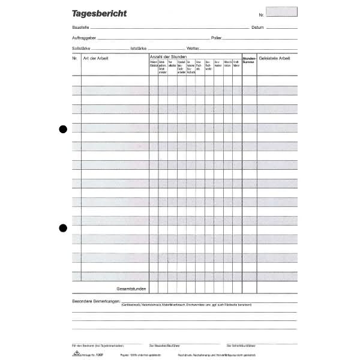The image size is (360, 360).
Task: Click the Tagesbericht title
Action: click(x=99, y=13)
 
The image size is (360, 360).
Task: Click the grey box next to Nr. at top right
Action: click(x=281, y=11)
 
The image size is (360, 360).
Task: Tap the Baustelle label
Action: click(x=80, y=28)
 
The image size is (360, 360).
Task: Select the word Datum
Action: click(x=257, y=28)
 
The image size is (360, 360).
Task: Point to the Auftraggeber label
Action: click(x=83, y=38)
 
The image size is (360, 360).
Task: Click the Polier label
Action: click(x=217, y=38)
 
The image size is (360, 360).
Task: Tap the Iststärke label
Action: click(x=137, y=48)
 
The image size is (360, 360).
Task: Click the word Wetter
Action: click(x=193, y=48)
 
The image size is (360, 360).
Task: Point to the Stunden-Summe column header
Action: click(x=249, y=59)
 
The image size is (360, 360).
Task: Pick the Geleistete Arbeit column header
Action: click(x=275, y=57)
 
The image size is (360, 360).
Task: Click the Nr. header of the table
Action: click(x=74, y=57)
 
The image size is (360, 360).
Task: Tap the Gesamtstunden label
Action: click(x=131, y=289)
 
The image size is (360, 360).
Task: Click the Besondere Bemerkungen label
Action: click(x=96, y=301)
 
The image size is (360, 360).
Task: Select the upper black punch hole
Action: click(x=62, y=129)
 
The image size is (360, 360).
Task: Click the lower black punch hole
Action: click(x=62, y=227)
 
